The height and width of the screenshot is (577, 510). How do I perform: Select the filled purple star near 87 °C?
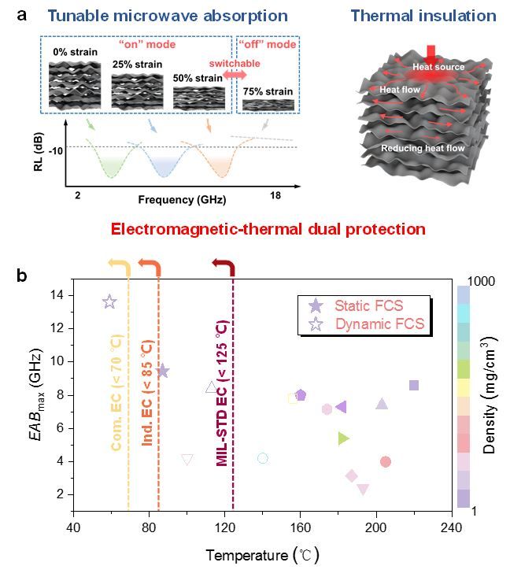click(x=163, y=371)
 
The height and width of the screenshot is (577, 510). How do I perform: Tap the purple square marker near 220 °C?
click(x=414, y=385)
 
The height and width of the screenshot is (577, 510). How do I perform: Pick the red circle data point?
click(x=386, y=461)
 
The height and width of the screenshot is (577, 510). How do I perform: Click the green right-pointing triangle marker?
click(x=343, y=438)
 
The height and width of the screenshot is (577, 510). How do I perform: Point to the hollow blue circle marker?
click(x=263, y=458)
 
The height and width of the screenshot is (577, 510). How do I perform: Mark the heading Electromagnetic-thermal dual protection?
click(x=268, y=229)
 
